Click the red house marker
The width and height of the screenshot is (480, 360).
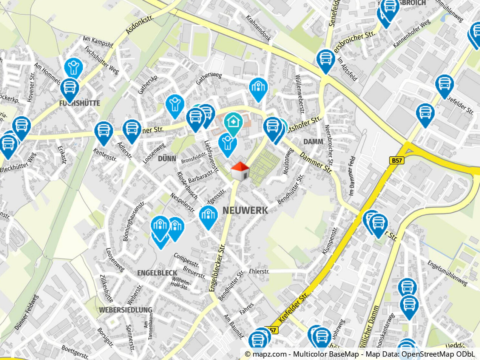240,171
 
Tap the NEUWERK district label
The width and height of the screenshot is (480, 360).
245,210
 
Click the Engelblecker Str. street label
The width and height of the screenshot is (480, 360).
217,268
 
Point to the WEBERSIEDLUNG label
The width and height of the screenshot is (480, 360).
125,310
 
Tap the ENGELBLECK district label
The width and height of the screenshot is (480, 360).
157,273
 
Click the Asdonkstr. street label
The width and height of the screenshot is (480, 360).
140,25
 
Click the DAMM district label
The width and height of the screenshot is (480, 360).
313,142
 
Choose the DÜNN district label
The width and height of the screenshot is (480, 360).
167,159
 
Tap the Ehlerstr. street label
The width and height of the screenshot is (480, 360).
259,271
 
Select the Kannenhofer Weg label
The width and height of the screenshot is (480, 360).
411,34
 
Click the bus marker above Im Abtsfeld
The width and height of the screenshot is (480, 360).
326,59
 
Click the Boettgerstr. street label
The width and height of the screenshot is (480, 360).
75,352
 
